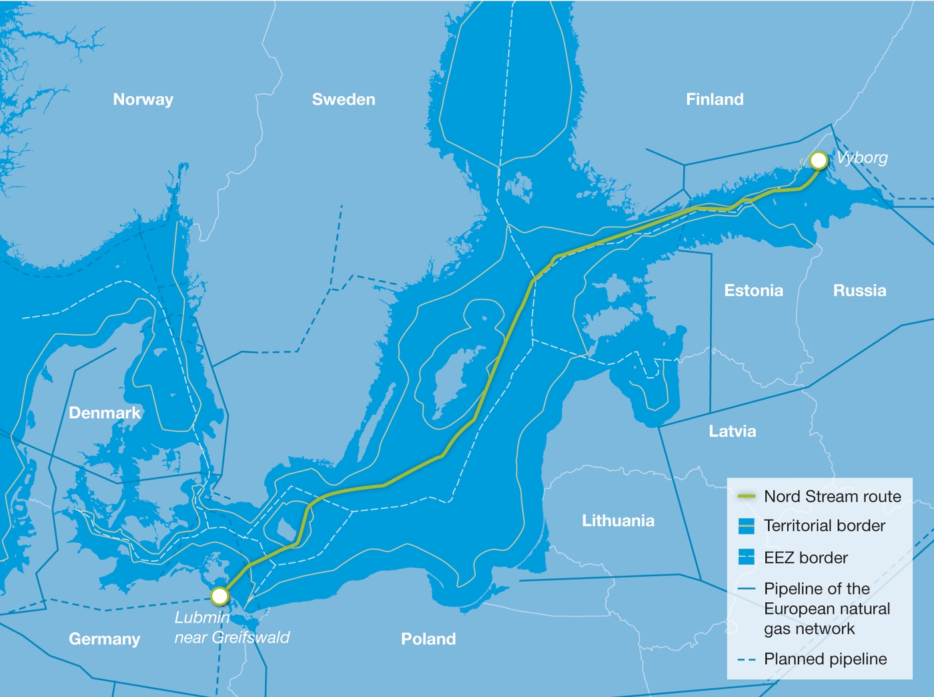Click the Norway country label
[x=143, y=99]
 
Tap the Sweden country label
[x=344, y=99]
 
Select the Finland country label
[x=715, y=99]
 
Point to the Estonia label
[x=753, y=290]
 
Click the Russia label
[x=859, y=290]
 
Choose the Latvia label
[x=732, y=432]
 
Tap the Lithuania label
[x=618, y=520]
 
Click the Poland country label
[x=428, y=639]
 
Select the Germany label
[x=104, y=639]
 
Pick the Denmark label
[x=105, y=413]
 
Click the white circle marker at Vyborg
[x=819, y=160]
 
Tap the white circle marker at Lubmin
[x=219, y=596]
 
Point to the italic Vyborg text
[x=862, y=158]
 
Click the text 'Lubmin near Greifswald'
[x=231, y=628]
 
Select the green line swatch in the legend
[x=746, y=497]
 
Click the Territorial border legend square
[x=747, y=526]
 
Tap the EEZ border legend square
[x=747, y=558]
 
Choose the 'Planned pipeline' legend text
[x=825, y=659]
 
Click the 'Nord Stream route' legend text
[x=832, y=497]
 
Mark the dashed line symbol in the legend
[x=746, y=660]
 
